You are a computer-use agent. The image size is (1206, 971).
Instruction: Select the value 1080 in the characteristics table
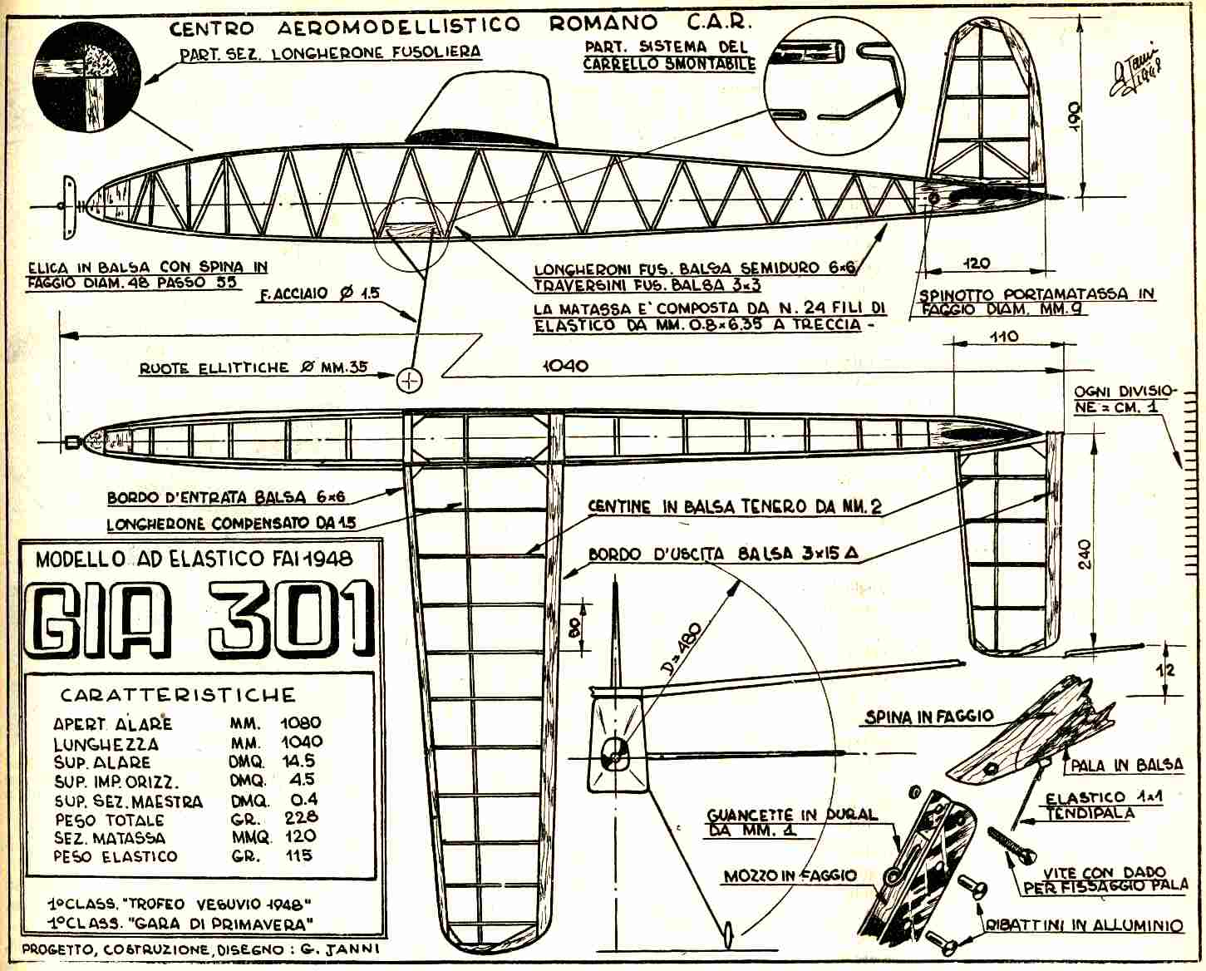tap(301, 723)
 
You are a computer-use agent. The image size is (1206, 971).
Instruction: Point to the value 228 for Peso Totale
tap(301, 819)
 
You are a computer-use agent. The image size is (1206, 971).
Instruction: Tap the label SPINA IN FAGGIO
tap(928, 716)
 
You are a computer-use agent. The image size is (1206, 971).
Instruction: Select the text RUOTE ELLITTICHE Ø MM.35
tap(254, 367)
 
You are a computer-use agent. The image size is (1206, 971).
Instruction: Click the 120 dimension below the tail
tap(977, 264)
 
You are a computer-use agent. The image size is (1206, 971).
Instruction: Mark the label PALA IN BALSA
tap(1125, 765)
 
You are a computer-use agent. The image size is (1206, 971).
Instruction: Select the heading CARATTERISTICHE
tap(178, 695)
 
